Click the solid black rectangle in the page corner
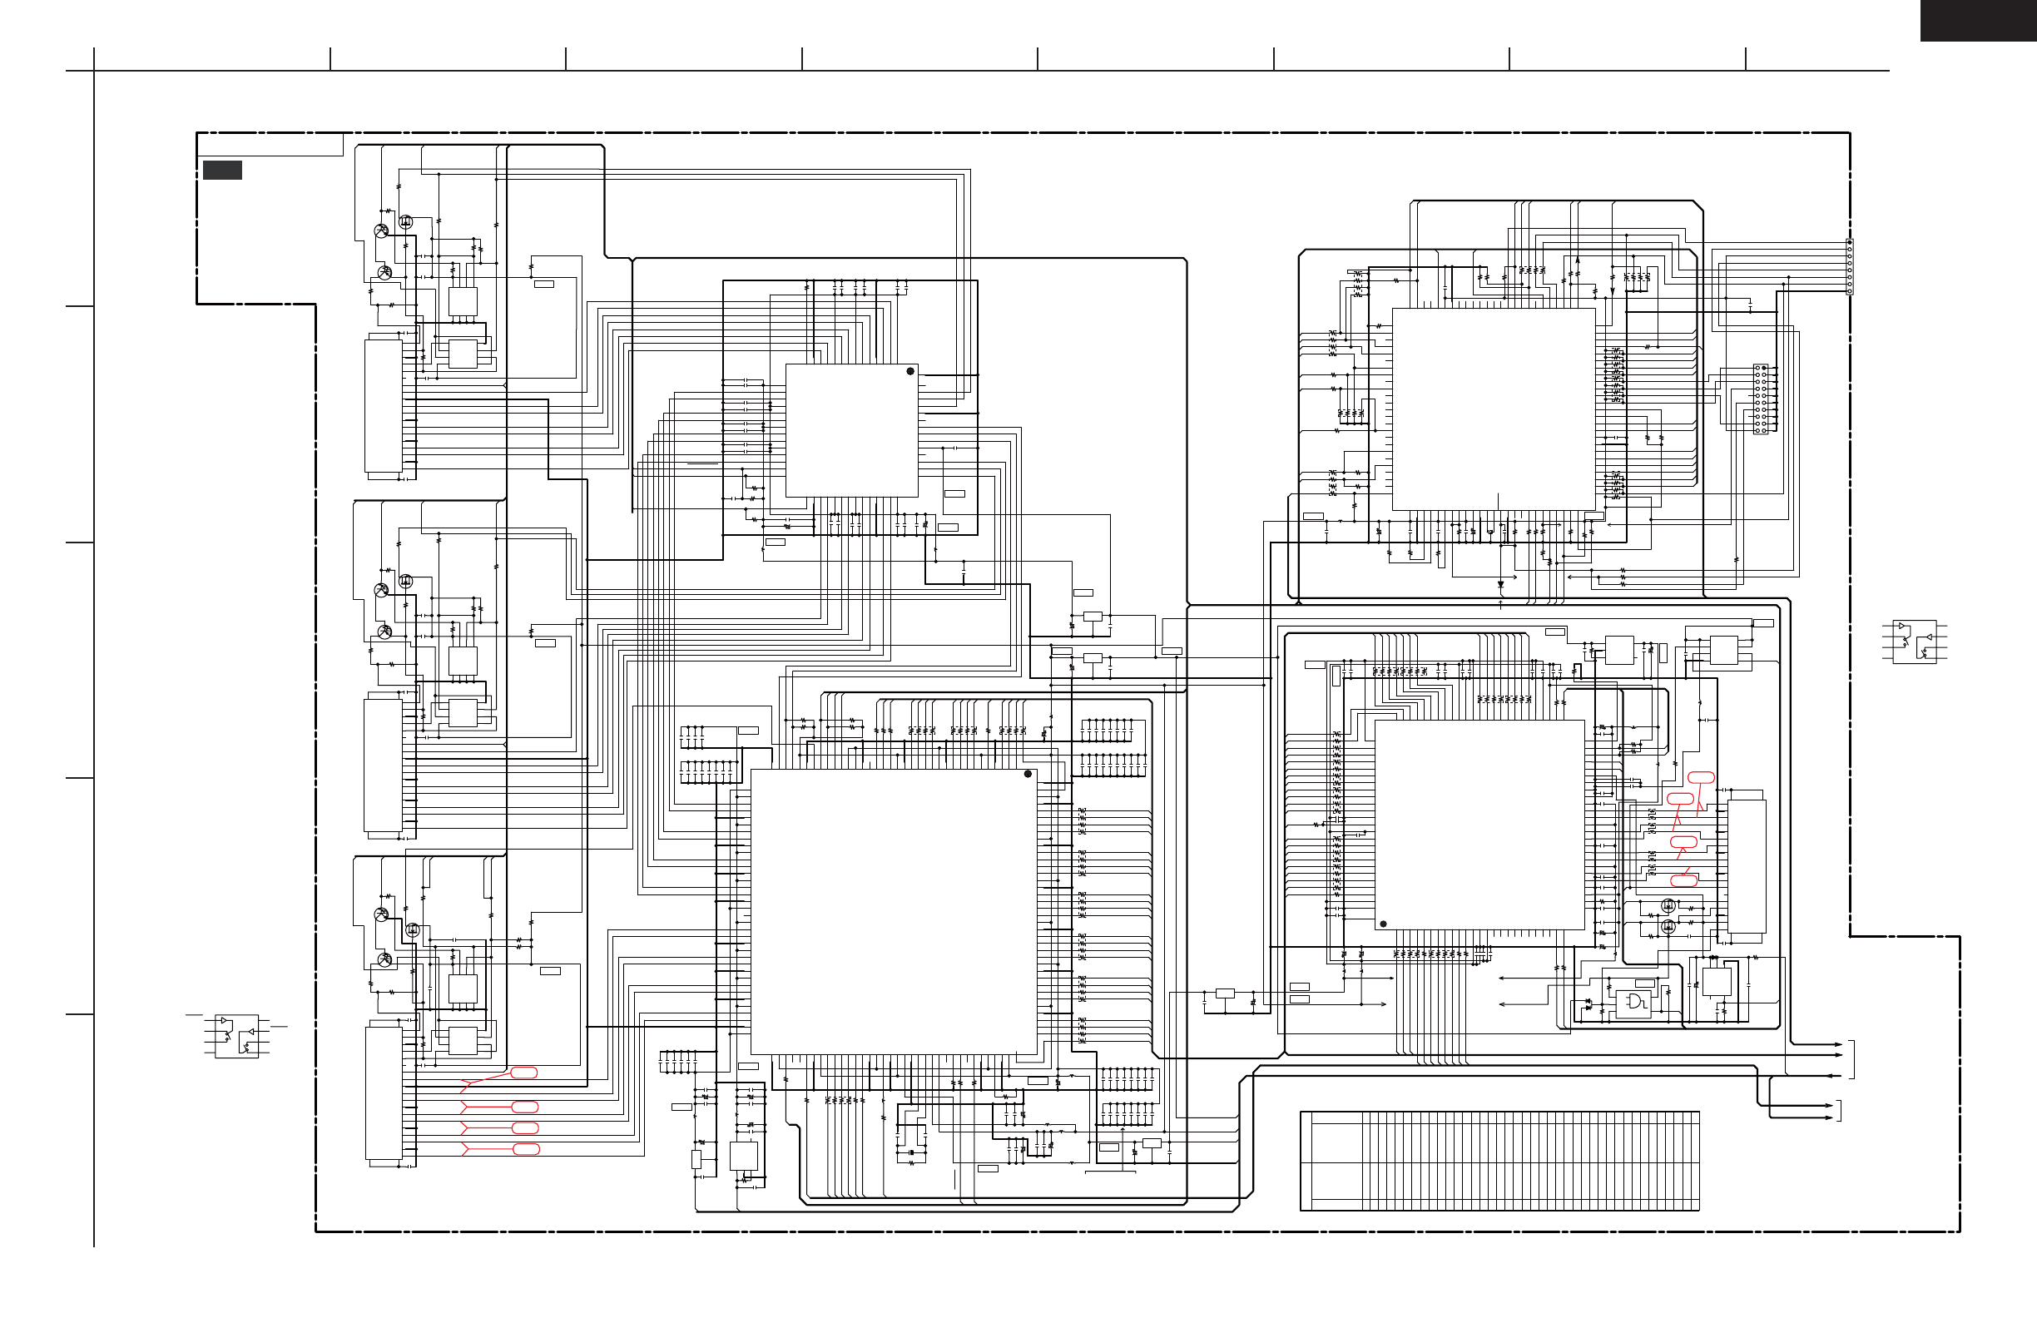(x=1978, y=21)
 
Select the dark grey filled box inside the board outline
(x=221, y=171)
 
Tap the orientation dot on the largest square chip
(x=1028, y=775)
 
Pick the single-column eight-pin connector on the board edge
(x=1850, y=267)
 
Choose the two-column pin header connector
(x=1761, y=399)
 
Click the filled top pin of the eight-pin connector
(x=1850, y=243)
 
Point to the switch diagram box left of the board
(x=236, y=1037)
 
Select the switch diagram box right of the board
(x=1914, y=642)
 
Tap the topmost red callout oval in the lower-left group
(x=523, y=1073)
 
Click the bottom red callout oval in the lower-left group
(x=526, y=1149)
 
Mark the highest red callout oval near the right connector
(x=1701, y=778)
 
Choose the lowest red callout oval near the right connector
(x=1684, y=880)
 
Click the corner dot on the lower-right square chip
(x=1383, y=924)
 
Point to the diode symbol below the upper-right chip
(x=1500, y=586)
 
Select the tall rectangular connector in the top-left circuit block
(x=384, y=407)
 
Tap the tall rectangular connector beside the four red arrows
(x=384, y=1093)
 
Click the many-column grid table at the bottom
(x=1499, y=1162)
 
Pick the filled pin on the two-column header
(x=1764, y=368)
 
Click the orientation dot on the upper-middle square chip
(x=910, y=371)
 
